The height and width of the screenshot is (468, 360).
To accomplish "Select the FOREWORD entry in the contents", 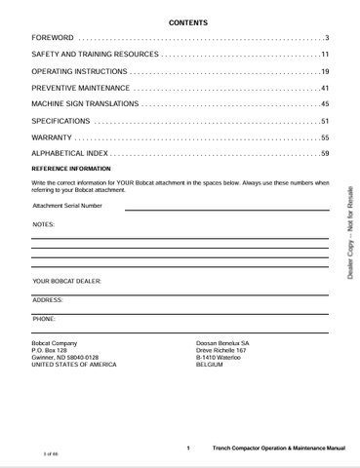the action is coord(53,37).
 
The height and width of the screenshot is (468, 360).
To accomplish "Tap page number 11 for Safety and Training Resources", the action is coord(324,55).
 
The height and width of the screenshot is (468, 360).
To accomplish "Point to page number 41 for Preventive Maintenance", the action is coord(324,89).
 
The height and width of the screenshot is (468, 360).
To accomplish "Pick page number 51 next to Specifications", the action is coord(324,121).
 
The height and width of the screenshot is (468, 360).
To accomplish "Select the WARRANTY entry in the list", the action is coord(53,136).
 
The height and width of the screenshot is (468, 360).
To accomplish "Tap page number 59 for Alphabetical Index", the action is coord(324,154).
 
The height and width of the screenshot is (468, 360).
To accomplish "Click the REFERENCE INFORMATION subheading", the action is coord(71,169).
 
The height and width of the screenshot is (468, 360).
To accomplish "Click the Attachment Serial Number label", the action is coord(66,206).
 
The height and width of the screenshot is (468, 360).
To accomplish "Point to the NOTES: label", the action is coord(43,224).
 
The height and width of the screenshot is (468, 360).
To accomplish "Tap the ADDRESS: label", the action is coord(48,300).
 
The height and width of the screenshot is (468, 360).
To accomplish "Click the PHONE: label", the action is coord(44,318).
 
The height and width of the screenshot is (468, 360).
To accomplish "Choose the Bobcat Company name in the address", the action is coord(55,343).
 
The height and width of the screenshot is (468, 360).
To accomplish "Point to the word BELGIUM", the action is coord(210,365).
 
